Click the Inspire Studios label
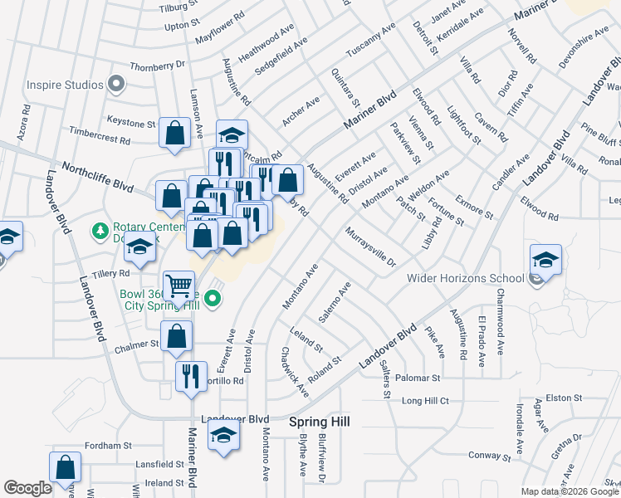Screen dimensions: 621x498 click(x=65, y=84)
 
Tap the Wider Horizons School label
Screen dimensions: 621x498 click(x=465, y=278)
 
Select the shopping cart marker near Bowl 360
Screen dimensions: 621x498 click(x=178, y=287)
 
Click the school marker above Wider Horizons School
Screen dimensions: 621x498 click(x=545, y=260)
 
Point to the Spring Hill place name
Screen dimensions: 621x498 click(x=320, y=422)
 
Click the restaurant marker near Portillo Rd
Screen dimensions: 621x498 click(x=191, y=376)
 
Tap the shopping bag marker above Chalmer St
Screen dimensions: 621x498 click(x=176, y=337)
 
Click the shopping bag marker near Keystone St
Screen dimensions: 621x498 click(x=175, y=133)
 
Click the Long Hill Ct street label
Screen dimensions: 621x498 click(x=425, y=401)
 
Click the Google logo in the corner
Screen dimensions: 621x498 click(x=27, y=488)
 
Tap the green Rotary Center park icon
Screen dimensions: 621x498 click(x=100, y=229)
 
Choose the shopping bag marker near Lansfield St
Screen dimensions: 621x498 click(x=65, y=468)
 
